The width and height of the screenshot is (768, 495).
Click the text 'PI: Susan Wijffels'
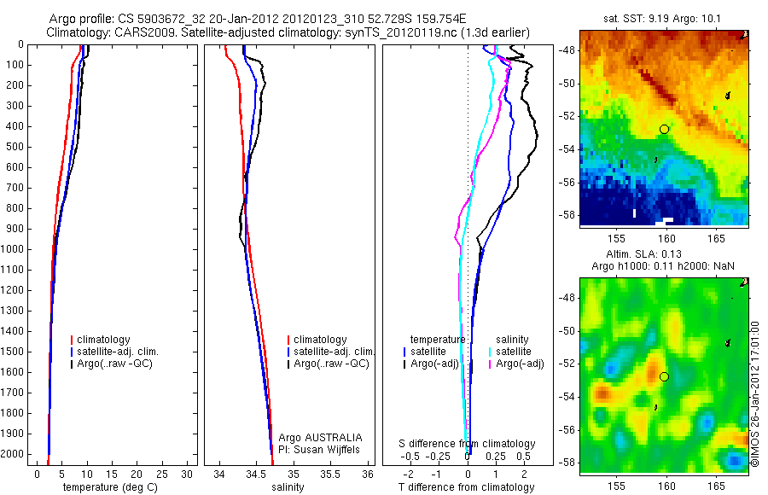tap(320, 449)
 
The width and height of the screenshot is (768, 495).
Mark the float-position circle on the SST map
tap(664, 129)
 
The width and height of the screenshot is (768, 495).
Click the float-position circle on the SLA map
tap(664, 376)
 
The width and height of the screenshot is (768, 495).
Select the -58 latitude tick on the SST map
tap(569, 214)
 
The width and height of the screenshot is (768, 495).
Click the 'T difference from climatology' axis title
tap(466, 487)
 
